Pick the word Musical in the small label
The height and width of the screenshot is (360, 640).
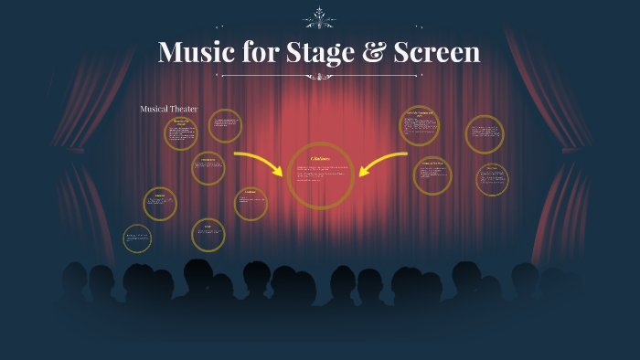pyautogui.click(x=155, y=110)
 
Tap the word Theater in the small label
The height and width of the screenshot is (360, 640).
pyautogui.click(x=185, y=110)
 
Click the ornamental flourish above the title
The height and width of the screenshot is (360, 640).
pyautogui.click(x=319, y=17)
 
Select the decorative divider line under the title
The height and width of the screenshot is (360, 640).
pyautogui.click(x=319, y=77)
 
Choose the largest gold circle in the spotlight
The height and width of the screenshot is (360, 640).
pyautogui.click(x=321, y=175)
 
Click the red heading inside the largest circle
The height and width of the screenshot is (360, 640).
pyautogui.click(x=321, y=158)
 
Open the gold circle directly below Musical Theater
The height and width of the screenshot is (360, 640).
pyautogui.click(x=181, y=133)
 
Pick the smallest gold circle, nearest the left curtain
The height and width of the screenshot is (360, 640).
pyautogui.click(x=137, y=238)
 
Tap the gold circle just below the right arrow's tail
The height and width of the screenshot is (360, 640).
pyautogui.click(x=432, y=176)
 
